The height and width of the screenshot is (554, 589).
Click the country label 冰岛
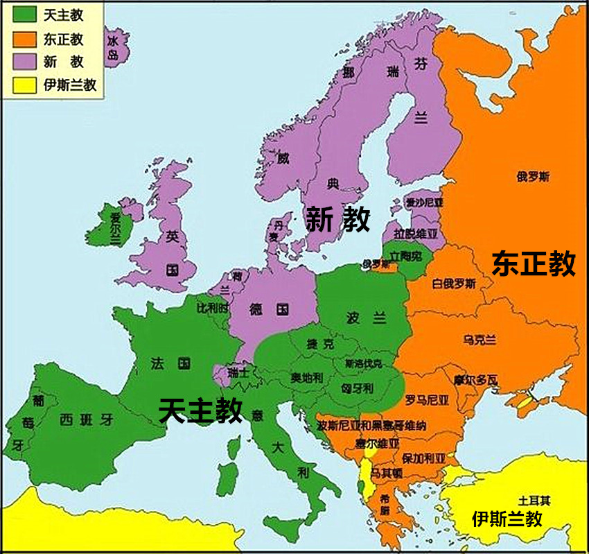pyautogui.click(x=113, y=47)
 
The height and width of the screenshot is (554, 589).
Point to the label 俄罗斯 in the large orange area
pyautogui.click(x=533, y=177)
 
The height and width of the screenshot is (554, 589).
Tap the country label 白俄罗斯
pyautogui.click(x=454, y=283)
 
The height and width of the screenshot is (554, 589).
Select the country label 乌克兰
pyautogui.click(x=480, y=339)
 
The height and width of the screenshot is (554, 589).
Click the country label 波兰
pyautogui.click(x=366, y=318)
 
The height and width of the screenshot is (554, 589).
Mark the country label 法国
pyautogui.click(x=170, y=363)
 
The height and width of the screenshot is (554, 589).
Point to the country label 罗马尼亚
pyautogui.click(x=427, y=400)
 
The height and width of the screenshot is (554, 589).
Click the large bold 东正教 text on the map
pyautogui.click(x=534, y=264)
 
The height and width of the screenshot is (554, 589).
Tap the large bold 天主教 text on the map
pyautogui.click(x=201, y=410)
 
